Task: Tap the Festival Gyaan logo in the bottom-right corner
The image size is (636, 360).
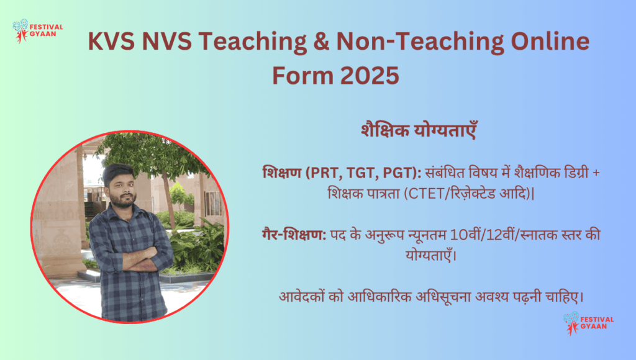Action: pyautogui.click(x=588, y=323)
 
